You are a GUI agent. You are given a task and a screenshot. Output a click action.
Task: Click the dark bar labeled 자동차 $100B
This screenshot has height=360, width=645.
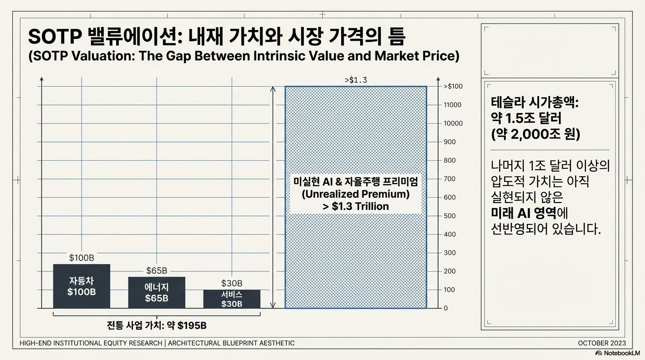pos(82,286)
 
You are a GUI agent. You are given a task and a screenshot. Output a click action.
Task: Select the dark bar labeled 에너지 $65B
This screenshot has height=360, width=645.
pos(157,292)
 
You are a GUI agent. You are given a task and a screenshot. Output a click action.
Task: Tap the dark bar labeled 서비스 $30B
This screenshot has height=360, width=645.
pos(232,299)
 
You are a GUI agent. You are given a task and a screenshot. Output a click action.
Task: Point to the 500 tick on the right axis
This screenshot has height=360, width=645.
pos(450,216)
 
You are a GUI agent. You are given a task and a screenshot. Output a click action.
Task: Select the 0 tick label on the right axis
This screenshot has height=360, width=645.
pos(445,308)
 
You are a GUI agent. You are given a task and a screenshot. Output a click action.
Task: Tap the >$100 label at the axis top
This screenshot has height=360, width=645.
pos(453,86)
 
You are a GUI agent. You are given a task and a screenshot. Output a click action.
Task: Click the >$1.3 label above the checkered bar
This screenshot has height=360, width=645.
pos(356,80)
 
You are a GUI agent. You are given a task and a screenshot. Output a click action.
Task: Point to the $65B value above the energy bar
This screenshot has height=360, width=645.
pos(157,270)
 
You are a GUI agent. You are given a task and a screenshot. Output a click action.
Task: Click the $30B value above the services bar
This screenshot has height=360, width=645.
pos(232,283)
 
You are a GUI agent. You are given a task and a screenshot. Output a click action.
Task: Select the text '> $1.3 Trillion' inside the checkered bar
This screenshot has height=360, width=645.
pos(355,206)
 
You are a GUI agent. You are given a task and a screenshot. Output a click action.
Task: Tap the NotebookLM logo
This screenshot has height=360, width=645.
pos(617,353)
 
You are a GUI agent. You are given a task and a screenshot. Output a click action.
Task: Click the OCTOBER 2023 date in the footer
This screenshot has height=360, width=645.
pos(602,343)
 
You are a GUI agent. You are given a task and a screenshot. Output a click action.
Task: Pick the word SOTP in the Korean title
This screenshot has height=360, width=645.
pos(54,37)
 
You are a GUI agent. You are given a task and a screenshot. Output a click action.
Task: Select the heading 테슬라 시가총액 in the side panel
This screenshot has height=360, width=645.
pos(534,102)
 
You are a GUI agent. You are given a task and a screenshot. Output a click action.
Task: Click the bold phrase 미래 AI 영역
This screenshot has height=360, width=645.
pos(523,213)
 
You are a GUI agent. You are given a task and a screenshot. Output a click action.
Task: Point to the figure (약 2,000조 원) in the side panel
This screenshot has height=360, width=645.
pos(535,135)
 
